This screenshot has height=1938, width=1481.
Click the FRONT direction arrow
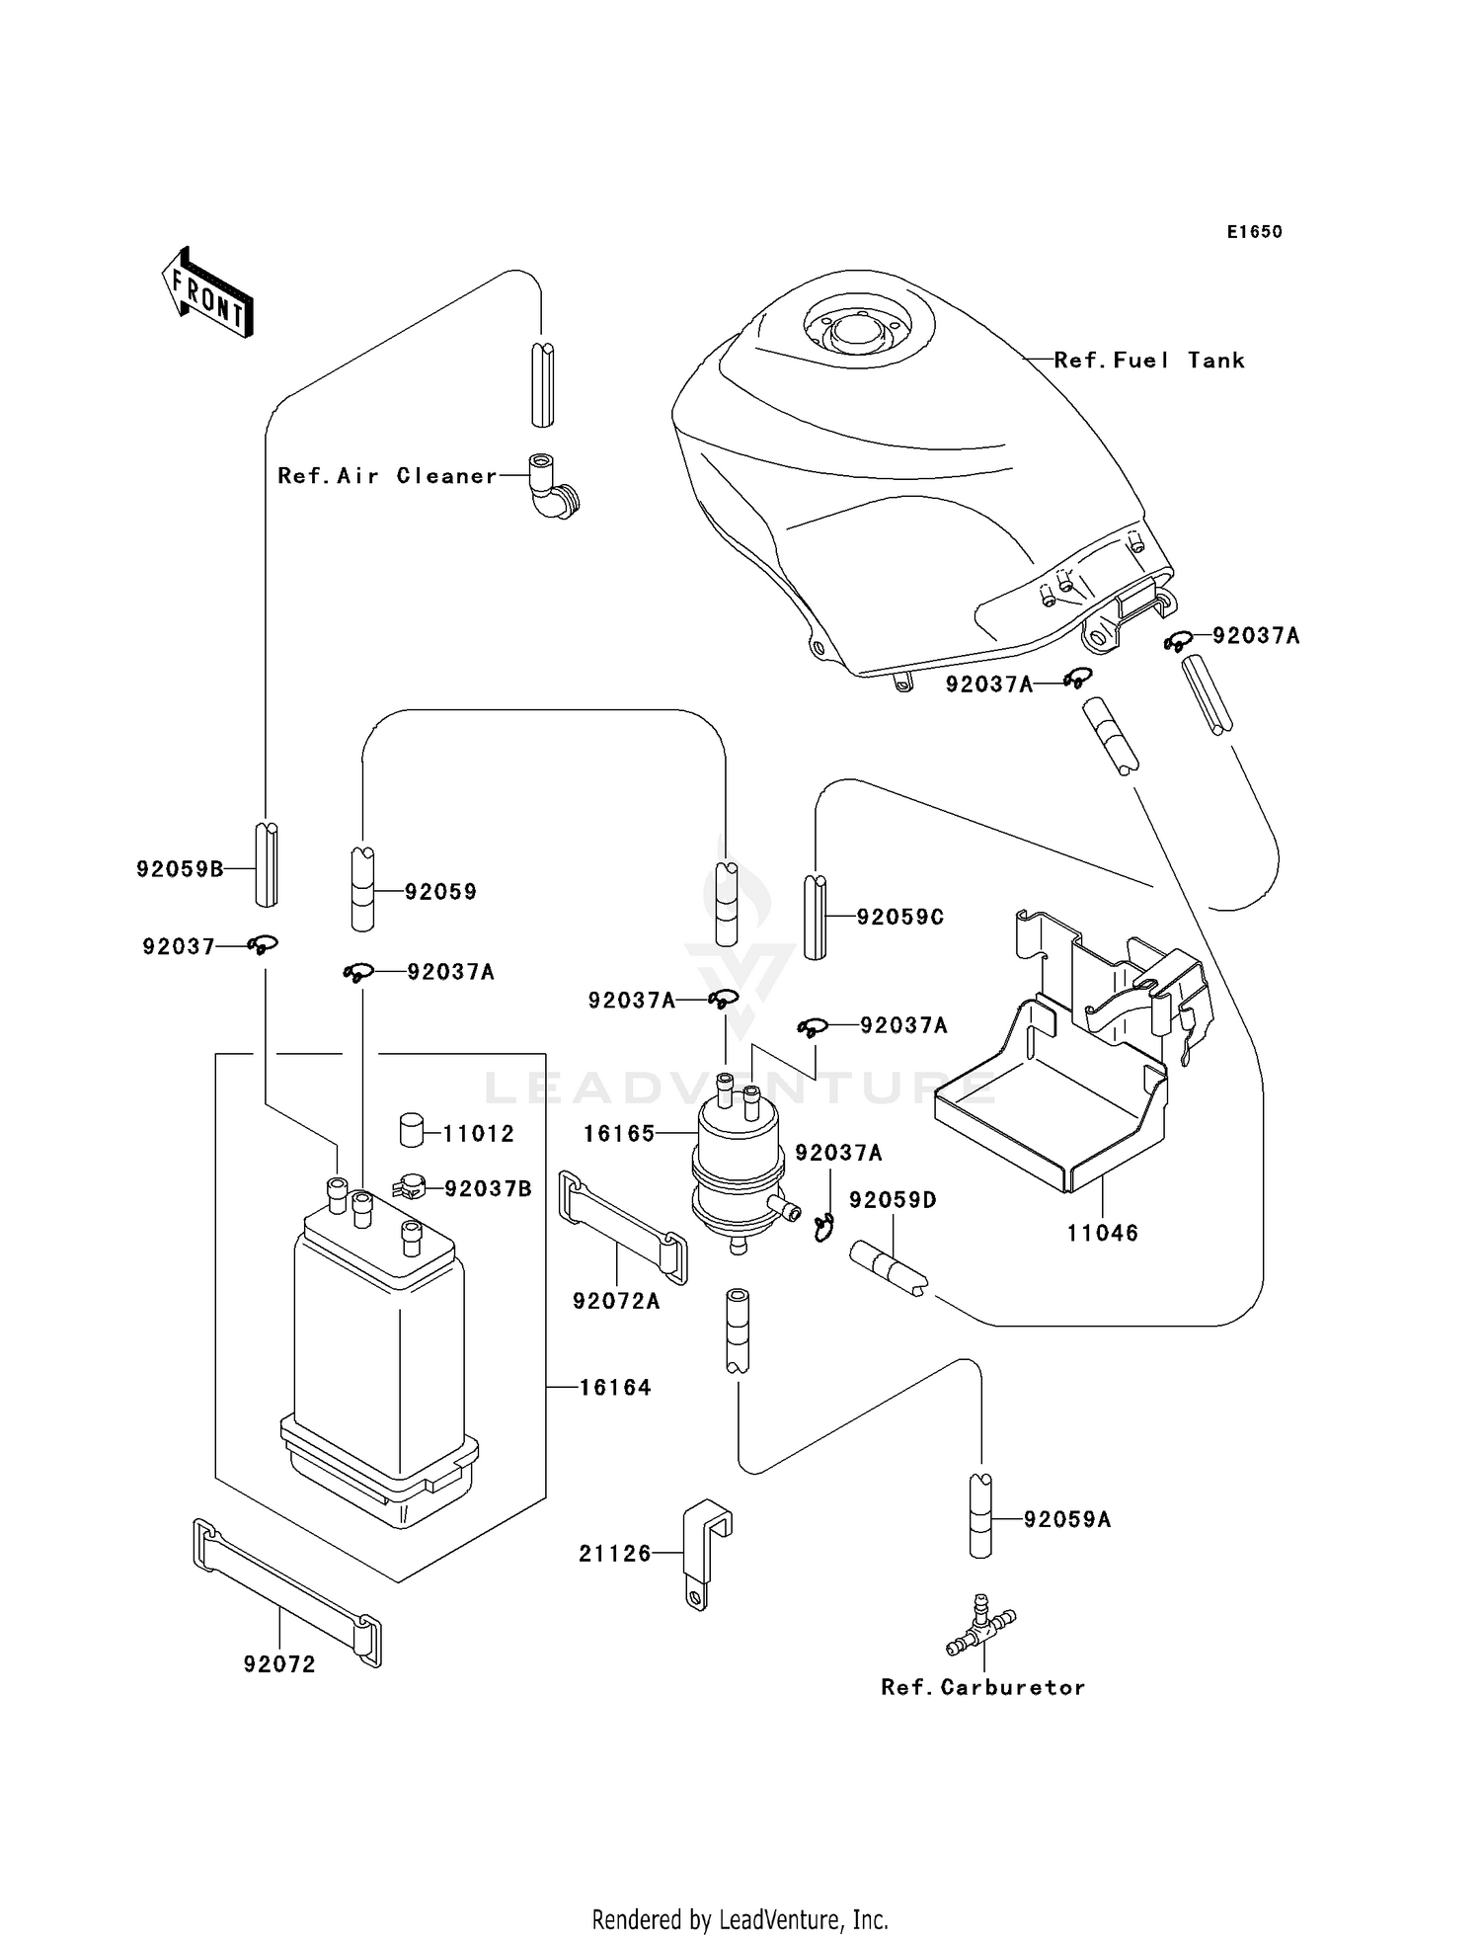pos(207,294)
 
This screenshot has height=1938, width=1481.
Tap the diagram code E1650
pos(1254,232)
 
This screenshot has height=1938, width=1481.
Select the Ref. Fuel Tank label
pos(1148,361)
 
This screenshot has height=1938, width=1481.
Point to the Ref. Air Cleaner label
pos(387,476)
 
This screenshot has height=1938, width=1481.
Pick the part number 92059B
pos(180,869)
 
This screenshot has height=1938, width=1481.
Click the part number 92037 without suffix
pos(178,947)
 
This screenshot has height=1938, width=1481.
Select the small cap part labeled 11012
pos(412,1129)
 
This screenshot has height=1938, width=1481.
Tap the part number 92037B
pos(488,1189)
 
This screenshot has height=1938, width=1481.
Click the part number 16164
pos(614,1388)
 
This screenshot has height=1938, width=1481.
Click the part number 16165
pos(619,1134)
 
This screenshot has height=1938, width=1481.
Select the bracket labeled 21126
pos(705,1551)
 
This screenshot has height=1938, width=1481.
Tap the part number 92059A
pos(1066,1520)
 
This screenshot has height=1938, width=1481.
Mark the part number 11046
pos(1102,1233)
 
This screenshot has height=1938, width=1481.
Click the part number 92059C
pos(899,918)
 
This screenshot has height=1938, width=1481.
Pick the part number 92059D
pos(893,1200)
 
